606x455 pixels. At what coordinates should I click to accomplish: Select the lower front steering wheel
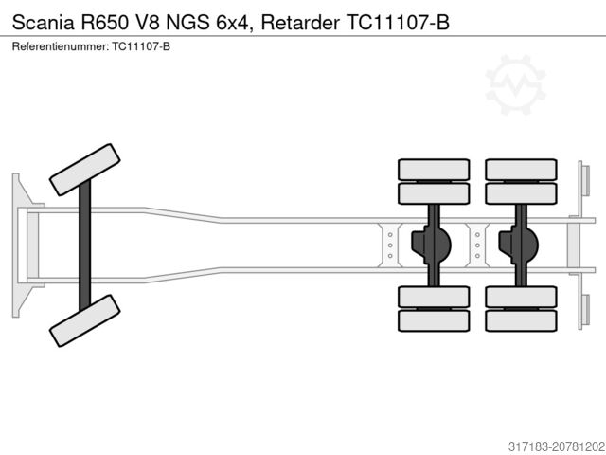pos(84,320)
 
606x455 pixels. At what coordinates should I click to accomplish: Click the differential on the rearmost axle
pos(520,244)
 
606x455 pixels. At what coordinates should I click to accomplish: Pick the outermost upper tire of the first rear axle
pos(434,170)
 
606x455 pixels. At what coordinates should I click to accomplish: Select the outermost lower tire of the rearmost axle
pos(520,320)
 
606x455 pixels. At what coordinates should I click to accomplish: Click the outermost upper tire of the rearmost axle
pos(520,170)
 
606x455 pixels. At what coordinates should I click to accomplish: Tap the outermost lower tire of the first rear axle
pos(434,320)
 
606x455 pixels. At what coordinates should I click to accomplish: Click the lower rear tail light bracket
pos(583,311)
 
